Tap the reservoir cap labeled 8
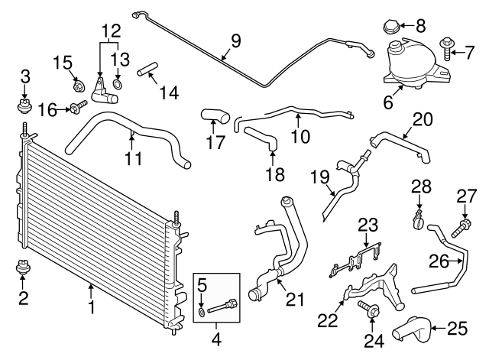pos(389,29)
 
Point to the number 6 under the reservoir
pos(388,102)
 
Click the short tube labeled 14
pos(147,73)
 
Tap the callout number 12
pos(112,31)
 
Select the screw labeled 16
pos(78,109)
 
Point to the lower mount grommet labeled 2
pos(24,271)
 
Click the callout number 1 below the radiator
pos(90,307)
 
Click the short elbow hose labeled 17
pos(215,116)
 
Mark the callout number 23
pos(368,225)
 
